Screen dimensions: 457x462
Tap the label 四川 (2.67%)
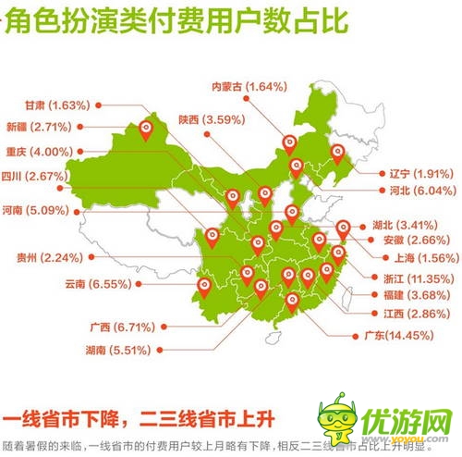coord(35,176)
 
